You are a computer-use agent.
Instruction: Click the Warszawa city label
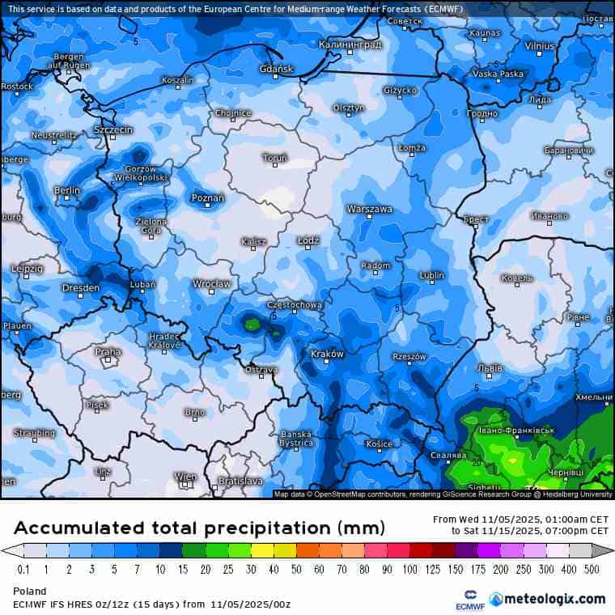(369, 209)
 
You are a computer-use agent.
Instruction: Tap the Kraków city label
(327, 354)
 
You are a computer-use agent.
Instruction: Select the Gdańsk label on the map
(277, 70)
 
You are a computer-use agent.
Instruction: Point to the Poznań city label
(208, 197)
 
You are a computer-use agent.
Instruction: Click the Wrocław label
(211, 284)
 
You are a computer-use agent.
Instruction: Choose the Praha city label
(108, 352)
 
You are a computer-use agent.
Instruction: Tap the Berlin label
(66, 190)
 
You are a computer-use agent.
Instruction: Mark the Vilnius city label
(540, 46)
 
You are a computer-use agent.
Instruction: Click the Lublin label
(432, 275)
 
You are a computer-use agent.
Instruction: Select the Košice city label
(379, 443)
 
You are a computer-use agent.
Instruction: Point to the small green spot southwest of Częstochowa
(252, 325)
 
